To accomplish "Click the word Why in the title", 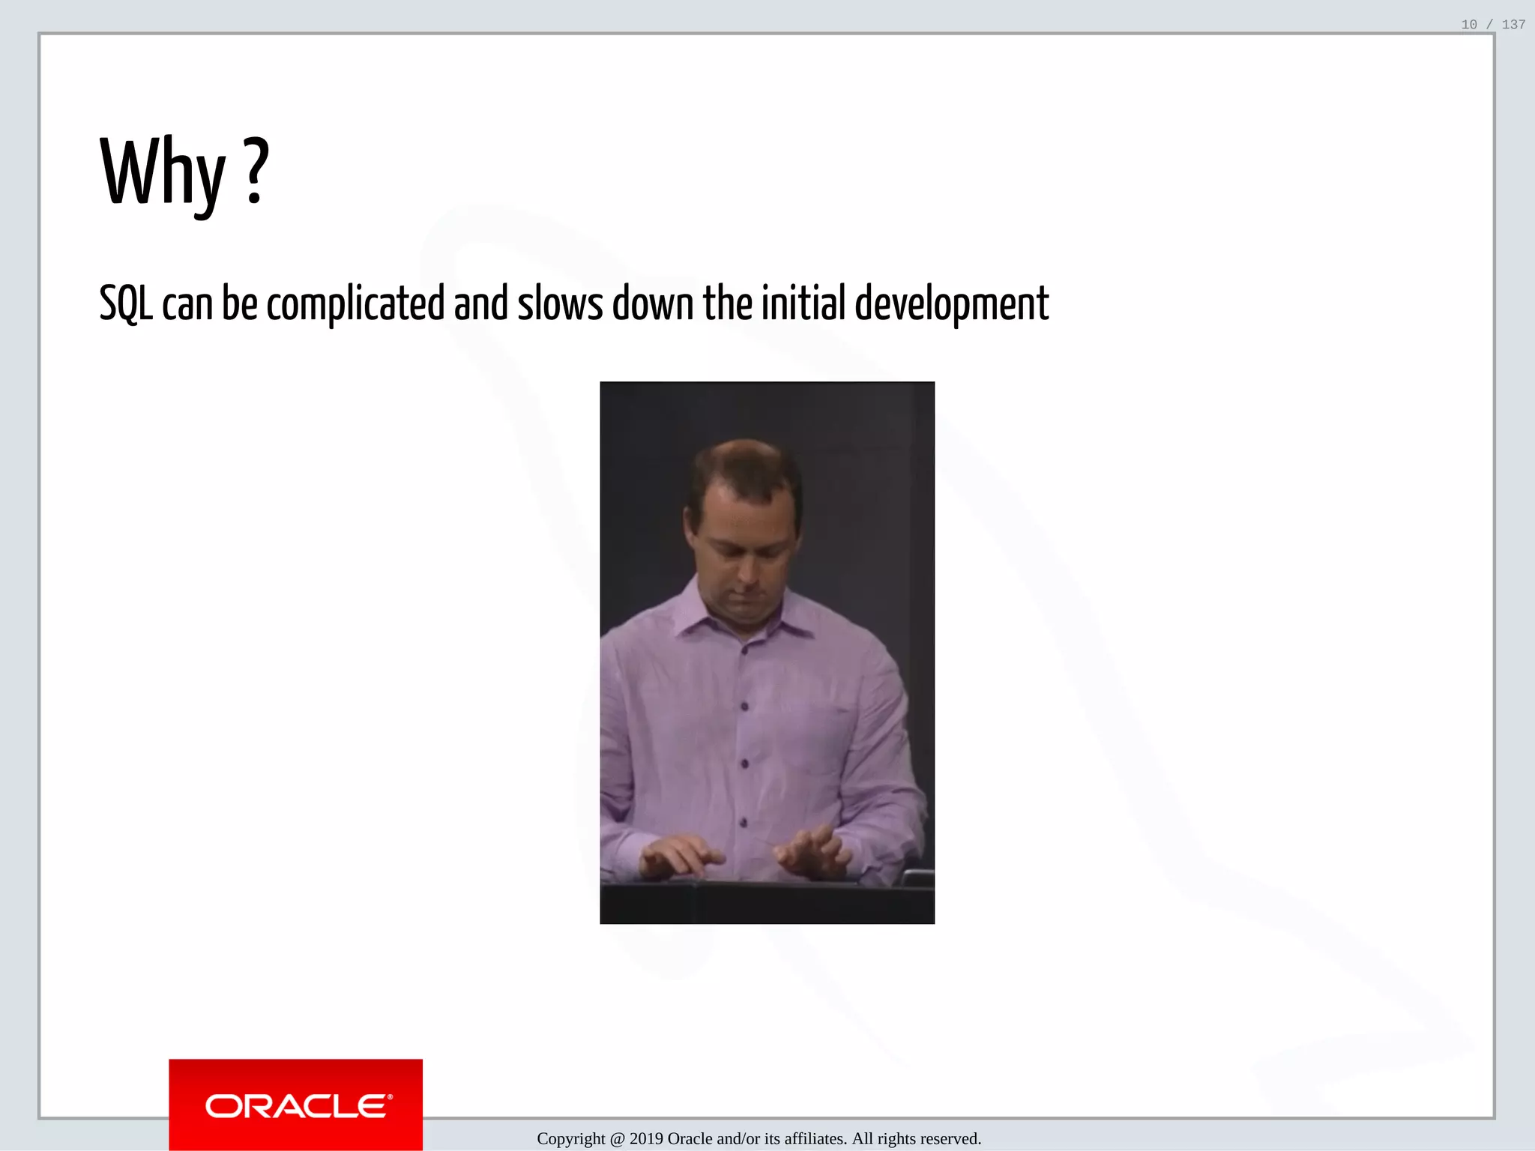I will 163,172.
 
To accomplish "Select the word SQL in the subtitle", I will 126,303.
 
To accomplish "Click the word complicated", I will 355,303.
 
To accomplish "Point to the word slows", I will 560,303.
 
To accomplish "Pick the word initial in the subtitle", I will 803,303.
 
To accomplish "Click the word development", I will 951,303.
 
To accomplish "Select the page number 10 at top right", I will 1469,25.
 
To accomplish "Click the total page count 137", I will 1513,25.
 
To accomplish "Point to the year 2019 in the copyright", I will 646,1139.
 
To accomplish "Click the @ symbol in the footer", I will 617,1139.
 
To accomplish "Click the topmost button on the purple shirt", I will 744,650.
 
